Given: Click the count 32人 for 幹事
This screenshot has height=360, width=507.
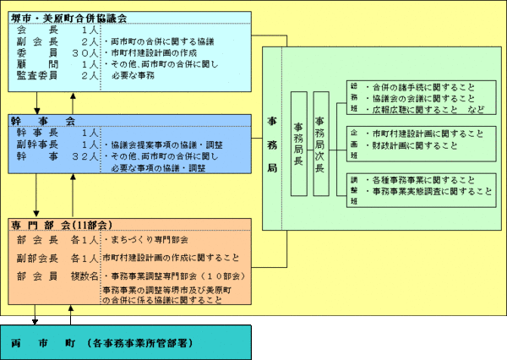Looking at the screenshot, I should click(85, 157).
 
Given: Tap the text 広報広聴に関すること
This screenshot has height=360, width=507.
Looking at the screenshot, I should click(414, 110).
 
